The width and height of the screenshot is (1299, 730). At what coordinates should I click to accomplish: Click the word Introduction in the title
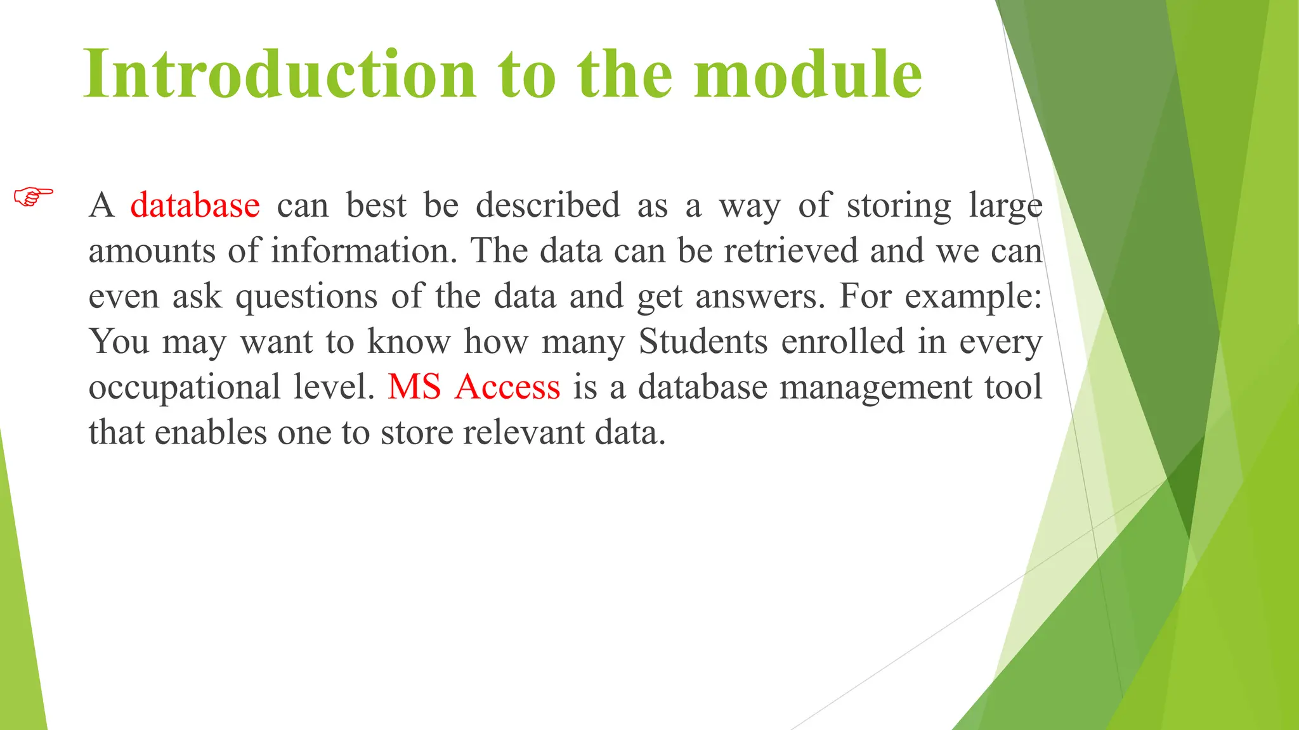click(x=280, y=74)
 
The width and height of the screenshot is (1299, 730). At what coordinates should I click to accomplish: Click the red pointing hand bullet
click(x=34, y=196)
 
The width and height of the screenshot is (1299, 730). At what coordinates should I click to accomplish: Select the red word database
click(x=195, y=205)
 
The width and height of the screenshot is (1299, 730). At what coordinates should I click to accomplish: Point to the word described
click(x=547, y=205)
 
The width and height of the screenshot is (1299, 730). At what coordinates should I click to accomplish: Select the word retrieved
click(x=791, y=251)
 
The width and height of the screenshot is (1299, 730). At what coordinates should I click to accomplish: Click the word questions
click(x=306, y=297)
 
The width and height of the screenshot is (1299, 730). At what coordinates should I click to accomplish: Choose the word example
click(x=972, y=297)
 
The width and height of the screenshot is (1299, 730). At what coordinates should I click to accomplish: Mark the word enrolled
click(x=842, y=342)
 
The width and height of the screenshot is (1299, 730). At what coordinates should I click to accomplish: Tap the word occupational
click(x=185, y=387)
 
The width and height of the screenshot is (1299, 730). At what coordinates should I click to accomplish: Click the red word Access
click(x=507, y=387)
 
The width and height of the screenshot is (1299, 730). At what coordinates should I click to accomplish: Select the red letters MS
click(x=414, y=387)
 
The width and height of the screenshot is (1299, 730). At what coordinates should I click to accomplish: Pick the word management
click(x=875, y=387)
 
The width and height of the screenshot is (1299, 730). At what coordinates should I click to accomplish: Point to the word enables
click(x=211, y=433)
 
